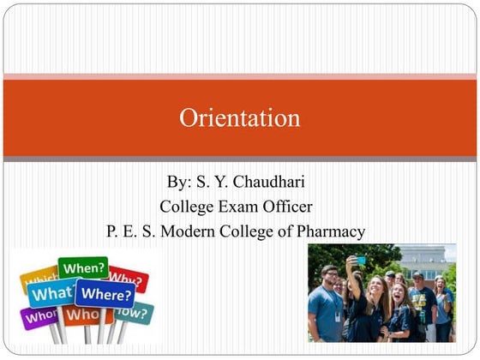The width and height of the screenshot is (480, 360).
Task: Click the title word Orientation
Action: pyautogui.click(x=239, y=117)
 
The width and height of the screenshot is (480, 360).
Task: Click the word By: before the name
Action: pyautogui.click(x=180, y=183)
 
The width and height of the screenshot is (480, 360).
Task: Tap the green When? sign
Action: pyautogui.click(x=83, y=268)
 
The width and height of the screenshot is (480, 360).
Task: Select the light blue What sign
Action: pyautogui.click(x=51, y=294)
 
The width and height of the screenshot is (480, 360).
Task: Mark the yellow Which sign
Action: pyautogui.click(x=39, y=278)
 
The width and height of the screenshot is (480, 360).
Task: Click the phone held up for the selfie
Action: pyautogui.click(x=360, y=260)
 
